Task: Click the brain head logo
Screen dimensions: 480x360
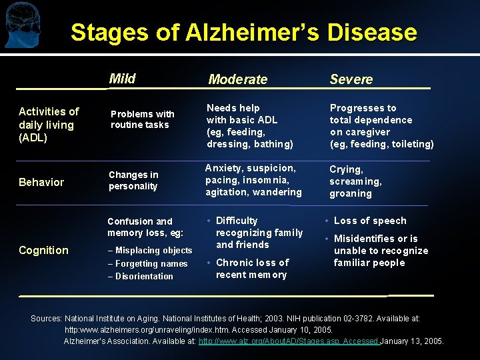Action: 21,25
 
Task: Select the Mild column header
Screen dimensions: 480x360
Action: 122,79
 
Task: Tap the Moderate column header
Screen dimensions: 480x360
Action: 237,79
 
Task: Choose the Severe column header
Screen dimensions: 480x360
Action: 351,79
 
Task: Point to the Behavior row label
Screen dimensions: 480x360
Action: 41,182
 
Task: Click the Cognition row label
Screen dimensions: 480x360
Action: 43,250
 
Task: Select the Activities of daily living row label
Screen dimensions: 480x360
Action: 48,125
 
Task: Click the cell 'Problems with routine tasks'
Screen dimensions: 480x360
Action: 142,119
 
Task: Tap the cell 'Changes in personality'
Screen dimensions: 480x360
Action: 133,181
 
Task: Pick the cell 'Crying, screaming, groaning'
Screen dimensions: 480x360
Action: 355,181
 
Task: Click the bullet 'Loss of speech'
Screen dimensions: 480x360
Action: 370,221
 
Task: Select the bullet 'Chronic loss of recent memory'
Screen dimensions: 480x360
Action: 252,269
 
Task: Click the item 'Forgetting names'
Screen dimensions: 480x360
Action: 151,263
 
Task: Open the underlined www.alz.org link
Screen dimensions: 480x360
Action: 289,341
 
